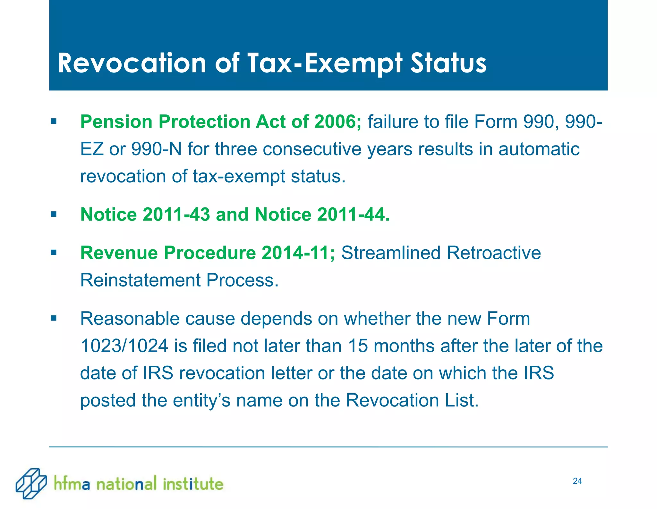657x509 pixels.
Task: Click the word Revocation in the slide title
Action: (132, 63)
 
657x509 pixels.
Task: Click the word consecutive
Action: (312, 149)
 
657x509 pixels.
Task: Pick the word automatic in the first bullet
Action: (539, 149)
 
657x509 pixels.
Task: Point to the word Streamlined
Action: (391, 253)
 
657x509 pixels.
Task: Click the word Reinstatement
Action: (140, 280)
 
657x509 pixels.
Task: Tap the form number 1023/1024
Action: (124, 346)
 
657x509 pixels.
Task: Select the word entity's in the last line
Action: (201, 400)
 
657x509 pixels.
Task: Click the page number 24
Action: (577, 481)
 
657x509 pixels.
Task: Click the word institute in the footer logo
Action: (193, 484)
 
